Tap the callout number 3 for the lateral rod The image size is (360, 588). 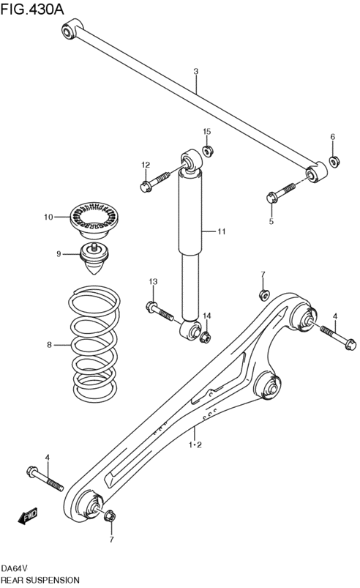(196, 71)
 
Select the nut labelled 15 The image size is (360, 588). (208, 151)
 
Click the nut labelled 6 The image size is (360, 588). (334, 161)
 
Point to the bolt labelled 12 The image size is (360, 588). (155, 180)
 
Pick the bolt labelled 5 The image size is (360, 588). (282, 193)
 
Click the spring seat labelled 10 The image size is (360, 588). (94, 220)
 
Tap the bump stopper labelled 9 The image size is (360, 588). (94, 258)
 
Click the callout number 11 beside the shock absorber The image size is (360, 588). (222, 231)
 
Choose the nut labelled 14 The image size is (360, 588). (206, 337)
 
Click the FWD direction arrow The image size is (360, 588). (28, 516)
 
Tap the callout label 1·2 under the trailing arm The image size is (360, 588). (195, 444)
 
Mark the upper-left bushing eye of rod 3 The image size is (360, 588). (69, 31)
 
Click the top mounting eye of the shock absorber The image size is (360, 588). (192, 160)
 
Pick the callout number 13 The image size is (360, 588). (153, 281)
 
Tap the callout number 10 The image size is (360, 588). (48, 217)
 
